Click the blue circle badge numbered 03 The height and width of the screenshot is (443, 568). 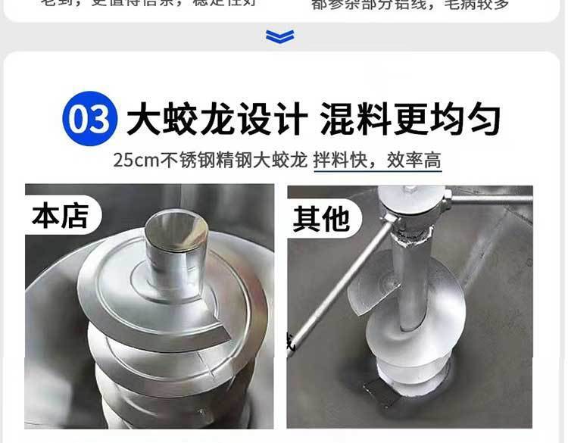[89, 120]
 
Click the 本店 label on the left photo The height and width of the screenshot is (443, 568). [60, 215]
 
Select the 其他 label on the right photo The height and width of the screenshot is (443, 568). [321, 219]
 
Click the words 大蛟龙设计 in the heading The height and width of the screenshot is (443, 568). [217, 120]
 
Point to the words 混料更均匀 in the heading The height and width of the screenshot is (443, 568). [410, 120]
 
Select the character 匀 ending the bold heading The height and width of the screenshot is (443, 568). [483, 120]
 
